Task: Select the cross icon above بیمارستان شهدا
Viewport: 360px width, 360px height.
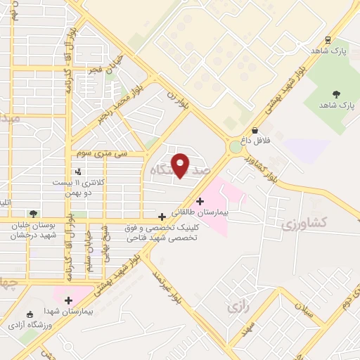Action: click(68, 300)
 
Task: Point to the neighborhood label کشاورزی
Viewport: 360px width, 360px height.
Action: click(304, 224)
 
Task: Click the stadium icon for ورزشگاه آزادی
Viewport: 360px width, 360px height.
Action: click(30, 314)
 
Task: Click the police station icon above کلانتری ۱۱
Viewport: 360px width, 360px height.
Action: click(77, 171)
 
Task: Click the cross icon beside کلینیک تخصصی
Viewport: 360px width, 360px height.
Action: click(163, 217)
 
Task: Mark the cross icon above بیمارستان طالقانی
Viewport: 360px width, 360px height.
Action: click(200, 201)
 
